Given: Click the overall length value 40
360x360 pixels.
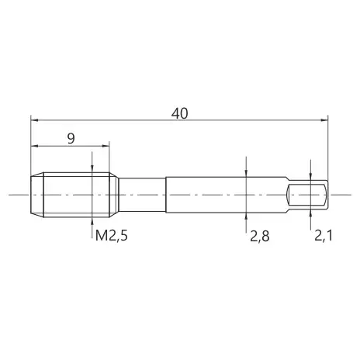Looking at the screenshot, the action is tap(179, 113).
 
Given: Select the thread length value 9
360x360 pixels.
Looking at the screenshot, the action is tap(71, 139).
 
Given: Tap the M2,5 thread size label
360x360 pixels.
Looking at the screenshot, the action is tap(112, 236).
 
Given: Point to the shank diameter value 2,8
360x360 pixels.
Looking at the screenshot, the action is tap(259, 236).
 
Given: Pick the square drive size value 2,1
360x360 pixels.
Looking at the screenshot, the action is tap(323, 236).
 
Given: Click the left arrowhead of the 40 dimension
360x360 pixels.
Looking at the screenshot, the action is tap(34, 120).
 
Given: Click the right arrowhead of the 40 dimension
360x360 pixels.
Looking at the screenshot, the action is tap(324, 120).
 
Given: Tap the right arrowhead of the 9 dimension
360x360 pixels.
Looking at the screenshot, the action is tap(106, 146).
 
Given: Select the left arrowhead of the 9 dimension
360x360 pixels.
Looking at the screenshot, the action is tap(34, 146).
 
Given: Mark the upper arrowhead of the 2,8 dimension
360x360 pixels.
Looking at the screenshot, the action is tap(247, 174).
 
